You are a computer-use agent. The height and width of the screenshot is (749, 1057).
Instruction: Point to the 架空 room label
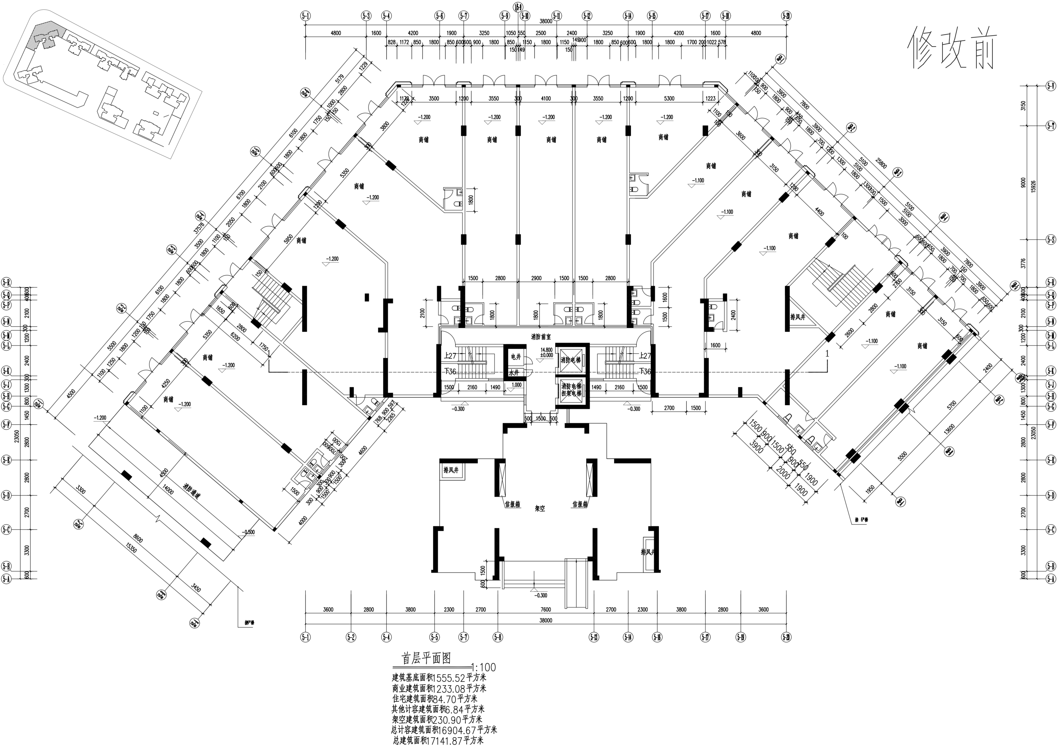point(540,509)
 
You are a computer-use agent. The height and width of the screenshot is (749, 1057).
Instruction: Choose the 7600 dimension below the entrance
point(545,609)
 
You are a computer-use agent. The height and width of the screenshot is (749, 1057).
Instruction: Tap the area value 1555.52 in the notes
point(449,678)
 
